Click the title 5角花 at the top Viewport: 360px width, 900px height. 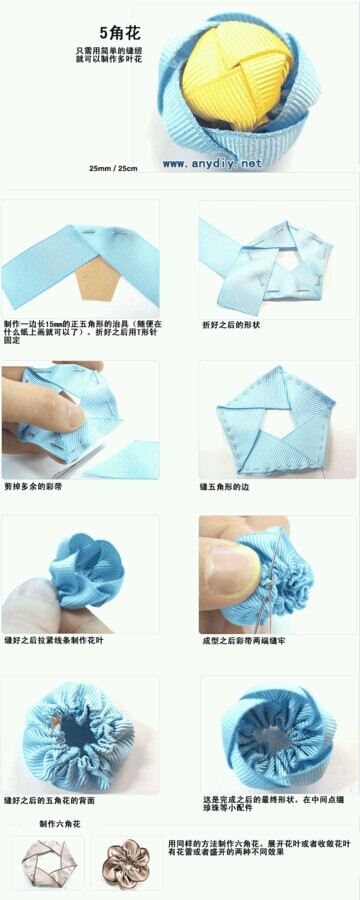click(x=120, y=33)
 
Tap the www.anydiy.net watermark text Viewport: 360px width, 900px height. click(x=212, y=163)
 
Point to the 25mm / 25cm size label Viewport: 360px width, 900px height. click(x=113, y=167)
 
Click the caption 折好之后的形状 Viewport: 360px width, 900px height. click(x=231, y=325)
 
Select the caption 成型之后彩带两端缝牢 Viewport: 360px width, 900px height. click(x=244, y=640)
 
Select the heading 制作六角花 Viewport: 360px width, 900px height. click(x=59, y=824)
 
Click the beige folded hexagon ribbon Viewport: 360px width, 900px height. click(x=47, y=863)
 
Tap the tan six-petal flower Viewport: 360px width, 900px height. click(x=128, y=862)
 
